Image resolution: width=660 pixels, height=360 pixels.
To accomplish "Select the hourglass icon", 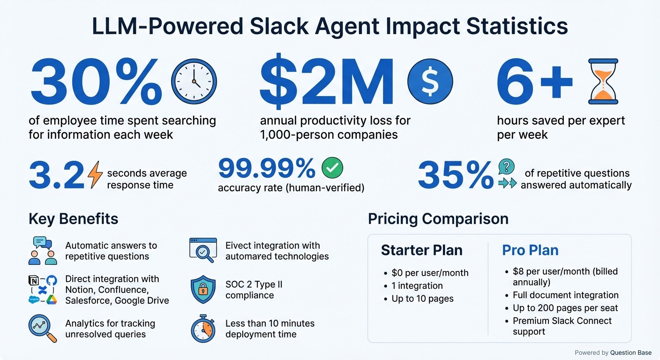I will pyautogui.click(x=603, y=81).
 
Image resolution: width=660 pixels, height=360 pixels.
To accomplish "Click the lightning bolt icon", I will pyautogui.click(x=95, y=174).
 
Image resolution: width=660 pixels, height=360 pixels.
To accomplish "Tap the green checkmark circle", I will pyautogui.click(x=332, y=168).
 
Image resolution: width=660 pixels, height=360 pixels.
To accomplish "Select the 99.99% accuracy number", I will pyautogui.click(x=267, y=169).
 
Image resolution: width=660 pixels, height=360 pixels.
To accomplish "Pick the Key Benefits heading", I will pyautogui.click(x=73, y=219).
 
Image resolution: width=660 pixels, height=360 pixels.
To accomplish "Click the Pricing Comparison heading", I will pyautogui.click(x=438, y=219).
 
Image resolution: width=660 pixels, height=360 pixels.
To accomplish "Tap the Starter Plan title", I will pyautogui.click(x=421, y=250).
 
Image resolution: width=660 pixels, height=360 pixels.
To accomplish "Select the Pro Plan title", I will pyautogui.click(x=530, y=250).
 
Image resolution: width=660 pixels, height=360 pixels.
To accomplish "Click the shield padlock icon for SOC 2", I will pyautogui.click(x=203, y=290).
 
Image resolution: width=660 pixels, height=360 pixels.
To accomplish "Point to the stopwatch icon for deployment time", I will pyautogui.click(x=203, y=329).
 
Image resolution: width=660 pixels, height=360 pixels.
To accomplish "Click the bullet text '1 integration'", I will pyautogui.click(x=417, y=285).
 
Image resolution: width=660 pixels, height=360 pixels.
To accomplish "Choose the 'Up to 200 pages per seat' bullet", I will pyautogui.click(x=565, y=308).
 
